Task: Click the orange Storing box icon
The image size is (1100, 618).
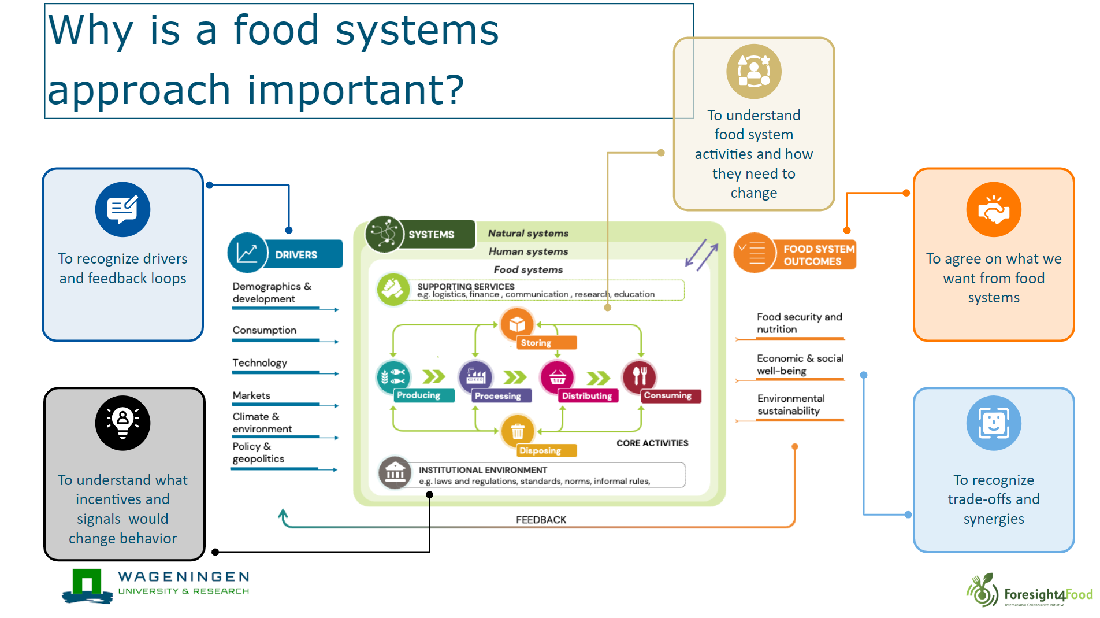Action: pyautogui.click(x=517, y=324)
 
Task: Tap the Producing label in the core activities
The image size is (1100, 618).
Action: pyautogui.click(x=418, y=395)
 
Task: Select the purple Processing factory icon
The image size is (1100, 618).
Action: pyautogui.click(x=475, y=376)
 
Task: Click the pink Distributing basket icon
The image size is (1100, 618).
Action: pyautogui.click(x=557, y=377)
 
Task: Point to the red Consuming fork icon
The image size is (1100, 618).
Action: pyautogui.click(x=639, y=376)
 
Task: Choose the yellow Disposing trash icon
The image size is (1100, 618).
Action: pyautogui.click(x=518, y=431)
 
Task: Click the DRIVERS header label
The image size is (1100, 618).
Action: pyautogui.click(x=296, y=255)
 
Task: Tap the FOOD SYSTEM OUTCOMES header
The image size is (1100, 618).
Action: pyautogui.click(x=818, y=255)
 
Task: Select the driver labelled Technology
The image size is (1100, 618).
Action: pyautogui.click(x=259, y=363)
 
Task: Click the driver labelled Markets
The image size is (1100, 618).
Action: pyautogui.click(x=251, y=395)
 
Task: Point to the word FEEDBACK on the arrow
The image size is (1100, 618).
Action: pyautogui.click(x=541, y=520)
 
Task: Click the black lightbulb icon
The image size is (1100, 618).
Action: pyautogui.click(x=122, y=423)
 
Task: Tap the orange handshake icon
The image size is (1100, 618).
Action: pyautogui.click(x=993, y=209)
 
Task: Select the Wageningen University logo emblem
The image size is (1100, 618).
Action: pyautogui.click(x=87, y=586)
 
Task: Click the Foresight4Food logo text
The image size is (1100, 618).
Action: pyautogui.click(x=1047, y=594)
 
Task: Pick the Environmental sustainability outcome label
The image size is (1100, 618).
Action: pyautogui.click(x=790, y=405)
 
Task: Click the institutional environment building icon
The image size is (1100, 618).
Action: pyautogui.click(x=395, y=473)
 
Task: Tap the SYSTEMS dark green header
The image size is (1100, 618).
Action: pyautogui.click(x=432, y=235)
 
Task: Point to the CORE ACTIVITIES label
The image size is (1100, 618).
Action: pyautogui.click(x=652, y=443)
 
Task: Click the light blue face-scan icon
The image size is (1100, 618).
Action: pyautogui.click(x=993, y=423)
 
